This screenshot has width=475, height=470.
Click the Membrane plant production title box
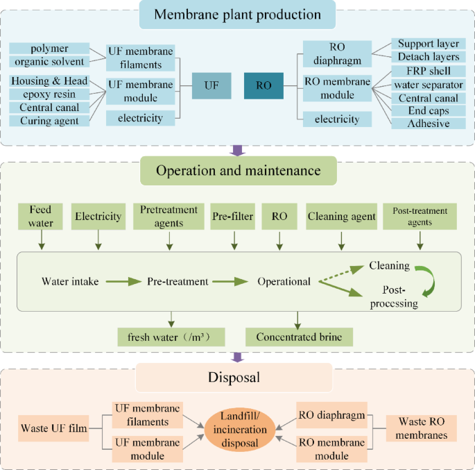[x=237, y=14]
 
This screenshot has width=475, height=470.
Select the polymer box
[x=49, y=48]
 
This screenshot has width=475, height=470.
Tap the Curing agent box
[x=49, y=121]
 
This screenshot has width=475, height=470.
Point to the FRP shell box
[x=428, y=71]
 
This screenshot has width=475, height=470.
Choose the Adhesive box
[x=428, y=124]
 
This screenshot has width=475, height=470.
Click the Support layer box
[x=428, y=44]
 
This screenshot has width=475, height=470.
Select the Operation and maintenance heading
[x=237, y=170]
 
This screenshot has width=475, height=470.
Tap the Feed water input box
[x=41, y=217]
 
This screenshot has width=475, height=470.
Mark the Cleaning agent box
[x=340, y=217]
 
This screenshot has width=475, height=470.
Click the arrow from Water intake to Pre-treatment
[x=124, y=282]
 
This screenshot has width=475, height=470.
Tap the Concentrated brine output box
[x=299, y=337]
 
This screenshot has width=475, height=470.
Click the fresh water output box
[x=172, y=337]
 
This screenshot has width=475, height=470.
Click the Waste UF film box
[x=54, y=428]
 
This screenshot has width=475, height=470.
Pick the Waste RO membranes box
[x=422, y=428]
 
